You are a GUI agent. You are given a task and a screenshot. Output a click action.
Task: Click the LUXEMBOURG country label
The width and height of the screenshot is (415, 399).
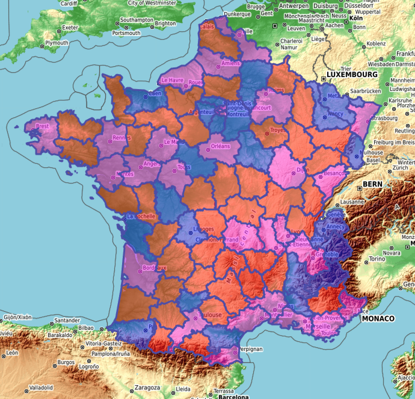(352, 74)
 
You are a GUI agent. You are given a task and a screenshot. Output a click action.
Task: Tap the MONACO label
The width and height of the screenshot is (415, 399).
(378, 318)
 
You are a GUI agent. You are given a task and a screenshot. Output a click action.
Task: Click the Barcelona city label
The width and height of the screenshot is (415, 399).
(233, 397)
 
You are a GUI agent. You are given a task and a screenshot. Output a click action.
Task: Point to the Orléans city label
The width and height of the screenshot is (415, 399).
(221, 146)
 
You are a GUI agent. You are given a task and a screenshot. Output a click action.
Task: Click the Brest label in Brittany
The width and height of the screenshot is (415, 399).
(43, 126)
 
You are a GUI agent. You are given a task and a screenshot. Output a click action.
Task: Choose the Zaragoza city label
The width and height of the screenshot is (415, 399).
(147, 387)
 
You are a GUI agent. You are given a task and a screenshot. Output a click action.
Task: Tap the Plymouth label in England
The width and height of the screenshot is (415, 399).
(57, 43)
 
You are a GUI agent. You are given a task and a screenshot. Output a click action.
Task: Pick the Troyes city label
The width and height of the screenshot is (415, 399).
(277, 130)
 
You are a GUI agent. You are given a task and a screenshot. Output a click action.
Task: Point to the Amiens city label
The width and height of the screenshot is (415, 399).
(230, 63)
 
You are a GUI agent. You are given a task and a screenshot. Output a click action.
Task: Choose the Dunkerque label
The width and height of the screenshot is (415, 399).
(236, 13)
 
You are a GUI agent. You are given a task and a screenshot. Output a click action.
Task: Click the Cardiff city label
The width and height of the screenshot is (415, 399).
(69, 3)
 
